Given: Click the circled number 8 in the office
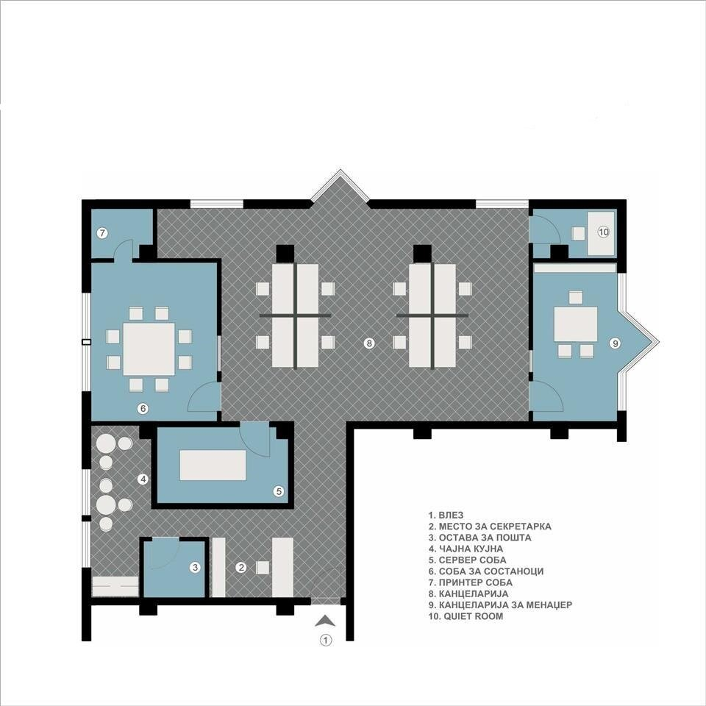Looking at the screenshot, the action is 368,343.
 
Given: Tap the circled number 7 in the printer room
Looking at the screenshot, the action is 103,233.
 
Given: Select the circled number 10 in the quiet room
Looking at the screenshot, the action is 603,232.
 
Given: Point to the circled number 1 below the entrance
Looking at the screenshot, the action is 326,640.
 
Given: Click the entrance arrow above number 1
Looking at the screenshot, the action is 325,621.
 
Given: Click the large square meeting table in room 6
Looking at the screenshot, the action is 149,349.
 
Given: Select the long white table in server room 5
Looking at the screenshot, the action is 213,465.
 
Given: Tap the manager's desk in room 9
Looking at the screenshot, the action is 575,324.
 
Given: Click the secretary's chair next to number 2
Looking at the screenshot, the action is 263,567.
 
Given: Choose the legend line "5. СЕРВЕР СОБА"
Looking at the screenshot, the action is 467,560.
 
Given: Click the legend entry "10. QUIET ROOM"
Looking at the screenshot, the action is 466,616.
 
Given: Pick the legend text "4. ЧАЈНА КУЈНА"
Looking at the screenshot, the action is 465,549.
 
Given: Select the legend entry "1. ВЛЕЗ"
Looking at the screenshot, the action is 446,515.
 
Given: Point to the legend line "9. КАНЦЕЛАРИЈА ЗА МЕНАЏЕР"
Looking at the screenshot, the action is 500,605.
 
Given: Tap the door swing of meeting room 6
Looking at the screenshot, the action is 203,396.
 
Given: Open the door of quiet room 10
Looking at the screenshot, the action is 545,229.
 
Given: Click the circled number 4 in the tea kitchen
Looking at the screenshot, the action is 143,479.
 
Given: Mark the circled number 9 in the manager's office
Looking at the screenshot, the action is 615,343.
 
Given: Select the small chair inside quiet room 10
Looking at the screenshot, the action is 579,234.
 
